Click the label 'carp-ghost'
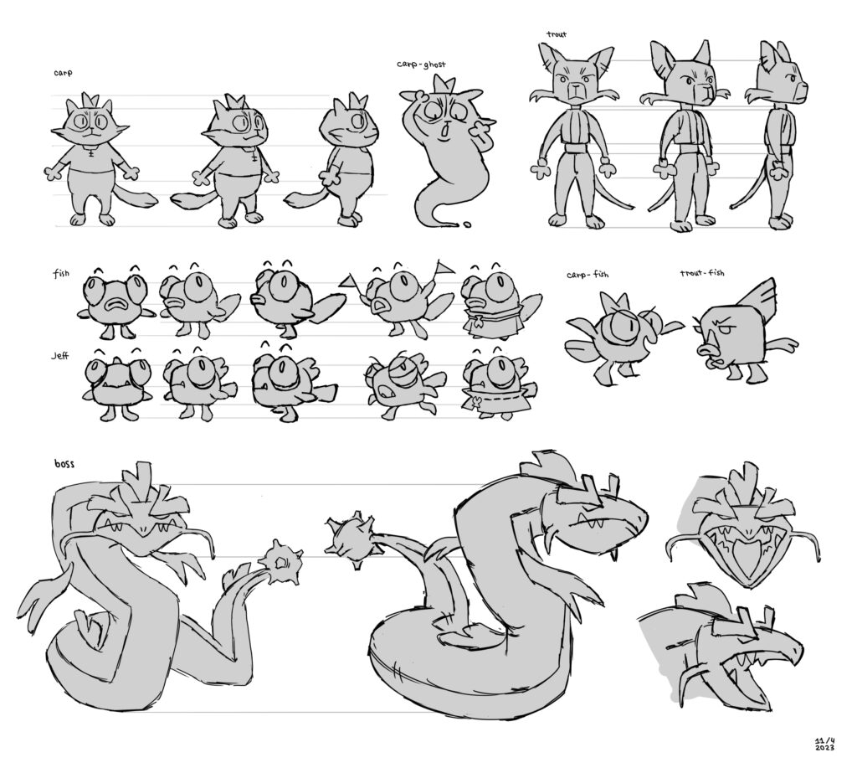pos(421,64)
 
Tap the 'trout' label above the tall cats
pos(557,34)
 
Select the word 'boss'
pos(64,465)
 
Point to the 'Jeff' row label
pos(60,356)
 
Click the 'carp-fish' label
pos(588,275)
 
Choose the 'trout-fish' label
pos(702,272)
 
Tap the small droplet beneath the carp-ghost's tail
pos(467,224)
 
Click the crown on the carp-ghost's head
pos(444,85)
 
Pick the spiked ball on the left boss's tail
pos(280,562)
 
